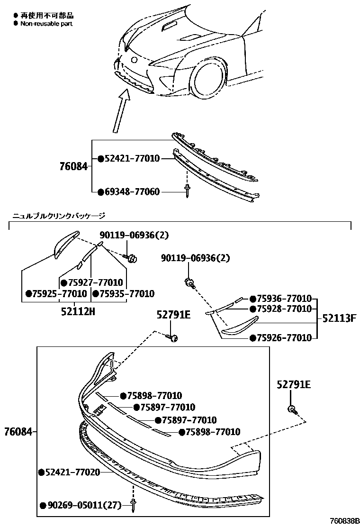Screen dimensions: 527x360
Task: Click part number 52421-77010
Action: click(132, 159)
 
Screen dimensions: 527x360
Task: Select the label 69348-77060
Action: click(132, 192)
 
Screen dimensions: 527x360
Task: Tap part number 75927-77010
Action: click(95, 282)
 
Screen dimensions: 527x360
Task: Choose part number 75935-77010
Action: click(126, 294)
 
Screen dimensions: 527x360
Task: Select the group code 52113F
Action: click(339, 318)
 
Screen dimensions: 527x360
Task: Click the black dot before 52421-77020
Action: click(41, 472)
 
